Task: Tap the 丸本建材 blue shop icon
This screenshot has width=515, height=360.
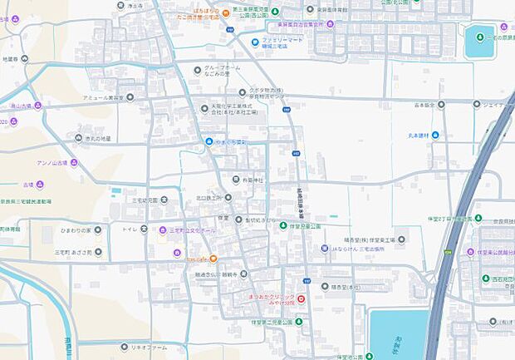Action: coord(435,136)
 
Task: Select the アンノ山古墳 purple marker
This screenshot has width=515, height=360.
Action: coord(74,161)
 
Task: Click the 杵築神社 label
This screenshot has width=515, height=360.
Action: coord(252,179)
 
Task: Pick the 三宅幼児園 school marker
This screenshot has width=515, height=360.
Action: coord(164,200)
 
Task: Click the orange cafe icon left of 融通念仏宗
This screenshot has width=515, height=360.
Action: coord(213,258)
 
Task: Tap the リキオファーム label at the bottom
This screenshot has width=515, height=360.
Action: coord(147,346)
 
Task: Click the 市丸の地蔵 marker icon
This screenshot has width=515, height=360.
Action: coord(78,139)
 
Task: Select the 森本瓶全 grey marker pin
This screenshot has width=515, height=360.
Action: coord(440,105)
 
